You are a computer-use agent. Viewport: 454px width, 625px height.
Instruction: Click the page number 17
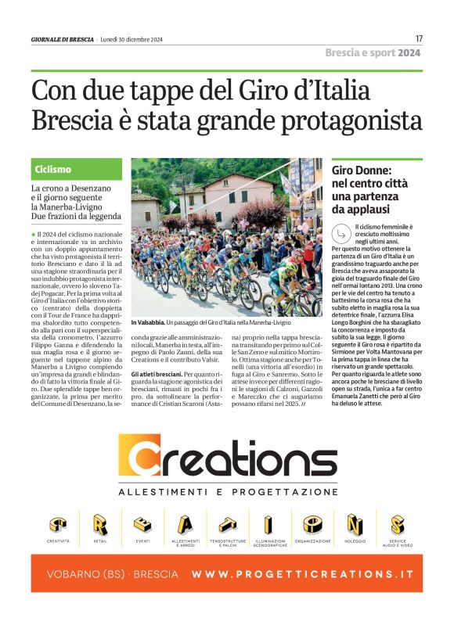(419, 38)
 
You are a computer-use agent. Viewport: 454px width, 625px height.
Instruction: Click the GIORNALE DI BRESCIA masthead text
(63, 39)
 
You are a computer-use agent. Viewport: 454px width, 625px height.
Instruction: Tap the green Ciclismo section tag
(53, 169)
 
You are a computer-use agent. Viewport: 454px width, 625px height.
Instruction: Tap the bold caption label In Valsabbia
(148, 322)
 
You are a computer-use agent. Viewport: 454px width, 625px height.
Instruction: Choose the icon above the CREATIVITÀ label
(58, 524)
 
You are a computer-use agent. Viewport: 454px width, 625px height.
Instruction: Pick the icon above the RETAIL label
(100, 524)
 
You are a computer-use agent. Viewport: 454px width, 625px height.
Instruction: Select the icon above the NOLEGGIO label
(355, 524)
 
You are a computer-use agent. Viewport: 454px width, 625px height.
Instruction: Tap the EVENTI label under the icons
(142, 541)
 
